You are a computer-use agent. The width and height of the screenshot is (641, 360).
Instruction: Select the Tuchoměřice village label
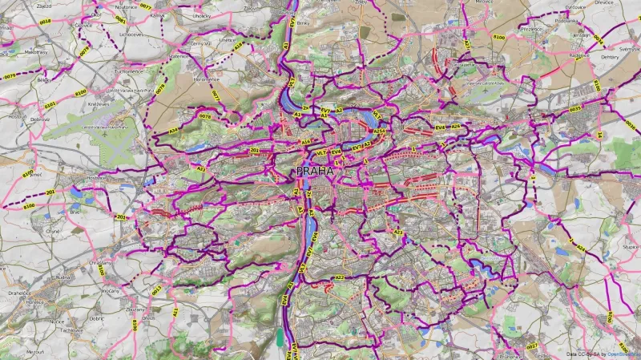pos(128,71)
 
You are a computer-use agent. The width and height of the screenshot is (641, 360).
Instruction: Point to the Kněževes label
pos(99,103)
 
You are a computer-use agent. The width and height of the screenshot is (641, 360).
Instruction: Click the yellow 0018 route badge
pos(45,22)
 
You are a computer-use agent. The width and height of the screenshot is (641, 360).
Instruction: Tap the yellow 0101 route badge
pos(50,104)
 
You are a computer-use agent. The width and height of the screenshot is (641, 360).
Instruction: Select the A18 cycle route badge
pos(239,47)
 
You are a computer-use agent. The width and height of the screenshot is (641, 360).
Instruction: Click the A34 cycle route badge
pos(173,131)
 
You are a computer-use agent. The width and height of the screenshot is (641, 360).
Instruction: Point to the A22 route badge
pos(340,277)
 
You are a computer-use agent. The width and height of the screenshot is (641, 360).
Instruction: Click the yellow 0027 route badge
pos(531,346)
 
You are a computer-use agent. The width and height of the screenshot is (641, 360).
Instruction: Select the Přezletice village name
pos(530,29)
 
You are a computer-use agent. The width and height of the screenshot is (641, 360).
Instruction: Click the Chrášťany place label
pos(102,262)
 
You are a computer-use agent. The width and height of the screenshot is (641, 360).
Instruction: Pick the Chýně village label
pos(53,231)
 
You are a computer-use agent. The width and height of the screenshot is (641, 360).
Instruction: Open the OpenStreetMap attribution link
pos(623,354)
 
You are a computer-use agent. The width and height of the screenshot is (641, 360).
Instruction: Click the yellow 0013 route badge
pos(156,290)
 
